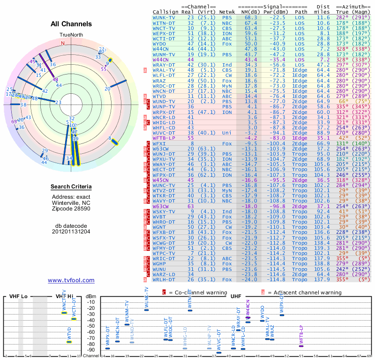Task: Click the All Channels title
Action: coord(71,24)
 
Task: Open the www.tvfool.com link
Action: coord(71,280)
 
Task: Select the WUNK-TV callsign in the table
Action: coord(165,17)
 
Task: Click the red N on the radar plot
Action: coord(62,43)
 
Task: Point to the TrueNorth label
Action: coord(71,35)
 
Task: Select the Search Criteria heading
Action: coord(71,187)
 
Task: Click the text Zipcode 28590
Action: coord(71,209)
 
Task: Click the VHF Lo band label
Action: coord(17,297)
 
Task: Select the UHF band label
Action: coord(236,297)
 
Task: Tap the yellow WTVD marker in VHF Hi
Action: coord(69,342)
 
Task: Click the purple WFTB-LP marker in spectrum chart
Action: coord(301,346)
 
